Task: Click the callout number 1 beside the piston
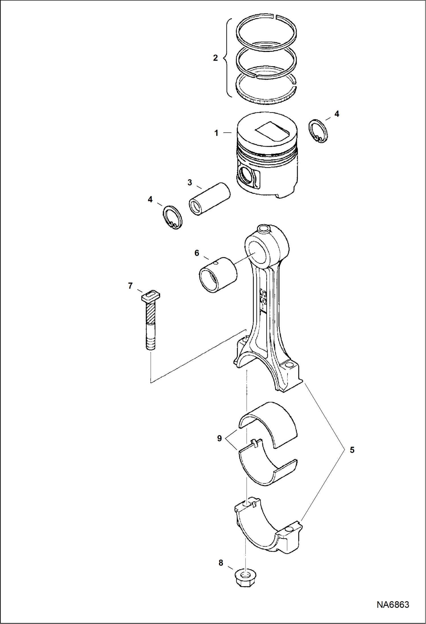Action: [x=216, y=133]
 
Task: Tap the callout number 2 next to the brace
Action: [x=215, y=58]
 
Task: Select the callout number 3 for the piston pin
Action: [x=190, y=182]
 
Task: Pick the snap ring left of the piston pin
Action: [x=173, y=217]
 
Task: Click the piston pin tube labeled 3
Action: [x=210, y=199]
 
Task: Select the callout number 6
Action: [x=197, y=253]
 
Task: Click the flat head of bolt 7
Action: [x=151, y=296]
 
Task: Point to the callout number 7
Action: [x=130, y=286]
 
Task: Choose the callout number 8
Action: [x=221, y=563]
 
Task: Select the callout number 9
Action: [x=219, y=438]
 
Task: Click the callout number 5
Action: [x=352, y=450]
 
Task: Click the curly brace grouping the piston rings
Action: [x=227, y=58]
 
